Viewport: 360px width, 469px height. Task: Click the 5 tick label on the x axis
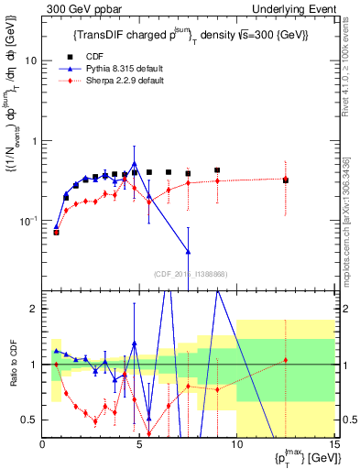tap(139, 444)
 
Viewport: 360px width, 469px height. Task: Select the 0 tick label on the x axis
tap(43, 444)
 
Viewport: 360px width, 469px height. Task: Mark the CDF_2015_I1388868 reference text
tap(189, 274)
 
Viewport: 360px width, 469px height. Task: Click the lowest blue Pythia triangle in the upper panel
tap(188, 251)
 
